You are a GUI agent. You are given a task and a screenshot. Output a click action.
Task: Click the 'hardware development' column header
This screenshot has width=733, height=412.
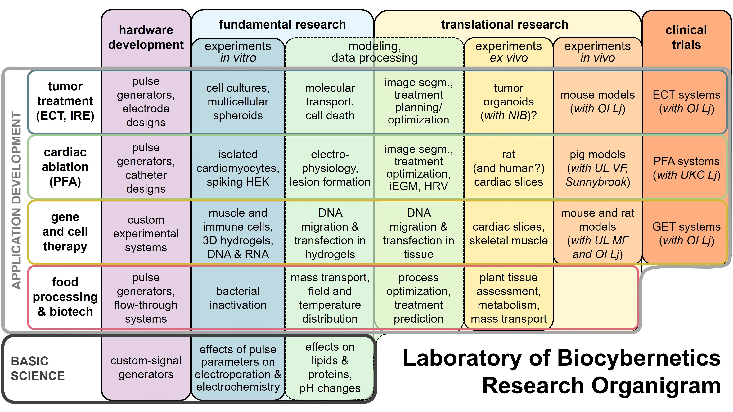tap(146, 37)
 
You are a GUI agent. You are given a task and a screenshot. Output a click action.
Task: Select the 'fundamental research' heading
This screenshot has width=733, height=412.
tap(282, 25)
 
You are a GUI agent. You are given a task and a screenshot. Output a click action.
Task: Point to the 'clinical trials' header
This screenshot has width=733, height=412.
tap(686, 37)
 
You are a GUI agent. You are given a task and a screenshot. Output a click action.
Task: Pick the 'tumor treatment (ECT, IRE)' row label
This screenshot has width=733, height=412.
tap(65, 101)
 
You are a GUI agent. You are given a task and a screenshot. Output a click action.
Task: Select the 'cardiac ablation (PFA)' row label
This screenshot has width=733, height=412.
tap(65, 167)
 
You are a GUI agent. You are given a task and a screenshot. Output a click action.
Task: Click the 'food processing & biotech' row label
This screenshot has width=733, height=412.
tap(65, 297)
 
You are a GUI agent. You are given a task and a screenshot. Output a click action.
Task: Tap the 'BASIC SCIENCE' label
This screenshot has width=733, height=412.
tap(38, 369)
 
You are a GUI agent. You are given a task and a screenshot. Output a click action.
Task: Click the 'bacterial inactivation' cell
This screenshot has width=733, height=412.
tap(238, 298)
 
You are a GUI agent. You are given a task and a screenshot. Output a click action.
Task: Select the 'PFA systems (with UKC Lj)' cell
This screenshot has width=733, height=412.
tap(686, 168)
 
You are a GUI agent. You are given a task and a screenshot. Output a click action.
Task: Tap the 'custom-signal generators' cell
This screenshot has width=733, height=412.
tap(146, 367)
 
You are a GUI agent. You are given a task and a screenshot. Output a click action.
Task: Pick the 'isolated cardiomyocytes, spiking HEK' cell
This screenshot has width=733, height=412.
tap(238, 168)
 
